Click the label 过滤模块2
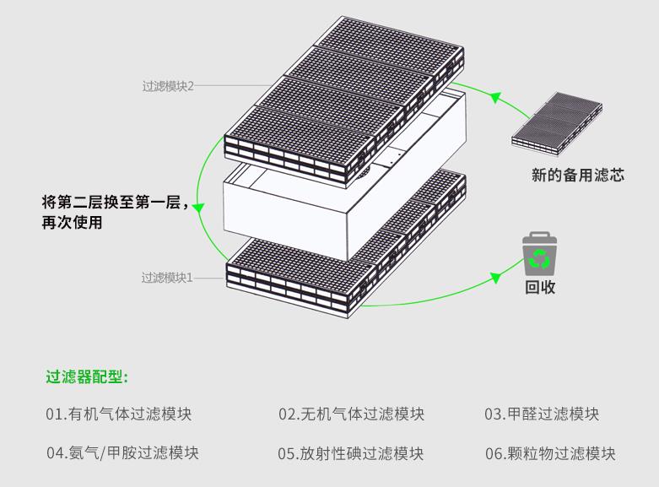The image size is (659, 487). click(x=168, y=86)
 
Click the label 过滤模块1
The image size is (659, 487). click(x=167, y=277)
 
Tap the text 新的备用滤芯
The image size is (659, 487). click(x=577, y=176)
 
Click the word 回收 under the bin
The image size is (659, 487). click(x=540, y=287)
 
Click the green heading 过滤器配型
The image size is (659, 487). click(x=86, y=376)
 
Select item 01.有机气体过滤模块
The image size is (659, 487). click(x=119, y=414)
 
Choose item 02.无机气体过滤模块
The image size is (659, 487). click(x=351, y=414)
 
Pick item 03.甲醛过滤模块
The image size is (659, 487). click(x=541, y=414)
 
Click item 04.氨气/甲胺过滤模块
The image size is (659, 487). click(x=122, y=452)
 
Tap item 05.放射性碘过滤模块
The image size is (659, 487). click(x=351, y=453)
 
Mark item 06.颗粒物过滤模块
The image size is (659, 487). click(x=549, y=453)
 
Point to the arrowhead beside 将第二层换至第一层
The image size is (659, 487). click(x=197, y=207)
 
